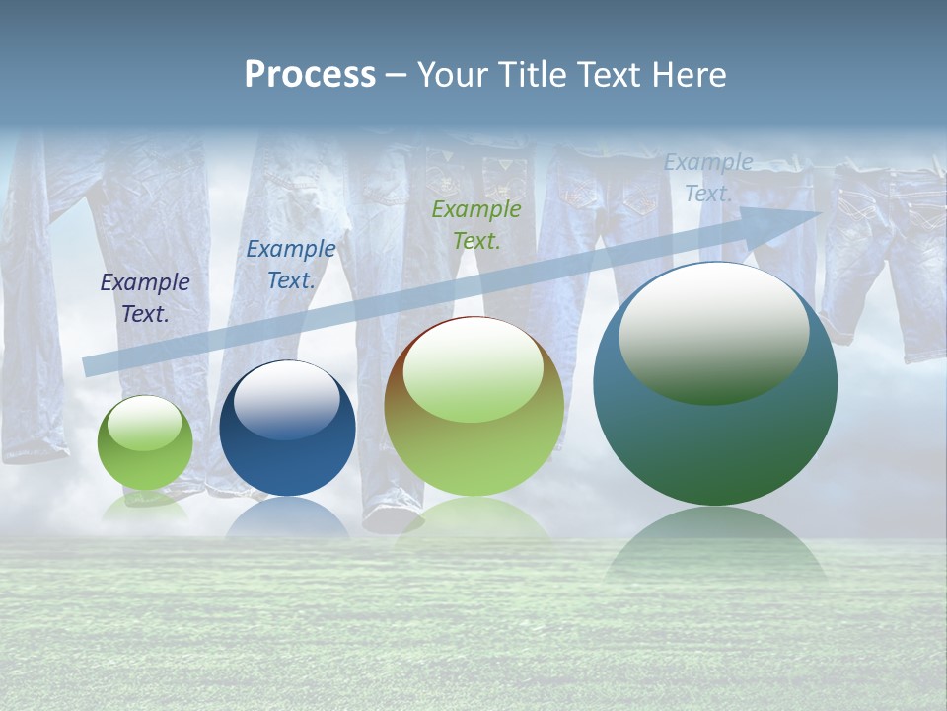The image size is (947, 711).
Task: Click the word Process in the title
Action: point(310,75)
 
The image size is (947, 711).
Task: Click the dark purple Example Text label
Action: point(145,298)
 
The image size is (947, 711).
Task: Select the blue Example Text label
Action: point(290,265)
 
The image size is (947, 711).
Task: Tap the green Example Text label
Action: point(476,224)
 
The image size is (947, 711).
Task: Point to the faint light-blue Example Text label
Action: point(708,178)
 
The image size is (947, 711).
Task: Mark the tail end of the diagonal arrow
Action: point(87,366)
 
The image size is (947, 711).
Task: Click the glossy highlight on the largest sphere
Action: point(713,331)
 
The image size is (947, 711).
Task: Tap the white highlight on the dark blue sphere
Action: point(286,399)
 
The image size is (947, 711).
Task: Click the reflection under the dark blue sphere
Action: point(287,518)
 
